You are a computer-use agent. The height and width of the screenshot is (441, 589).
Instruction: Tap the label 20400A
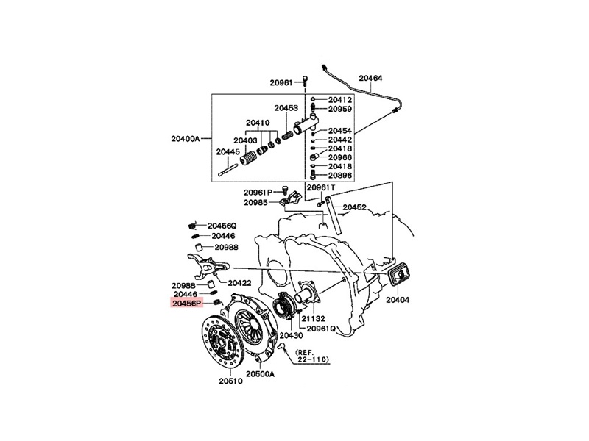coord(185,138)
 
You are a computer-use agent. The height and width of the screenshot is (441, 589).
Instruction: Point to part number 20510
coord(230,381)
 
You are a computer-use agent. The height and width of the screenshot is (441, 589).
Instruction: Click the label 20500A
coord(260,373)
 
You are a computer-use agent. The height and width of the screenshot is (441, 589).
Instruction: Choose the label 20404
coord(397,300)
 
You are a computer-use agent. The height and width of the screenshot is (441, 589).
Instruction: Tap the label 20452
coord(354,207)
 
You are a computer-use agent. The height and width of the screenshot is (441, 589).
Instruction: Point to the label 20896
coord(340,176)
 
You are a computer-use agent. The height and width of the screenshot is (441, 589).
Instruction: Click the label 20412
coord(340,99)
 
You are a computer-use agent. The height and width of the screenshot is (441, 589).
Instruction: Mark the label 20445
coord(228,152)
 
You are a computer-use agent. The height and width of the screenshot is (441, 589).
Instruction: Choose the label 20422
coord(239,282)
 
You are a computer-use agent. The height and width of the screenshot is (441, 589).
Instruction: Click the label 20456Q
coord(222,225)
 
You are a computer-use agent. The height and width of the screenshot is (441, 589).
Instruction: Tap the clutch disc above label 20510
coord(222,340)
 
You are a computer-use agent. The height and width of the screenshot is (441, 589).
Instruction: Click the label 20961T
coord(321,188)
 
